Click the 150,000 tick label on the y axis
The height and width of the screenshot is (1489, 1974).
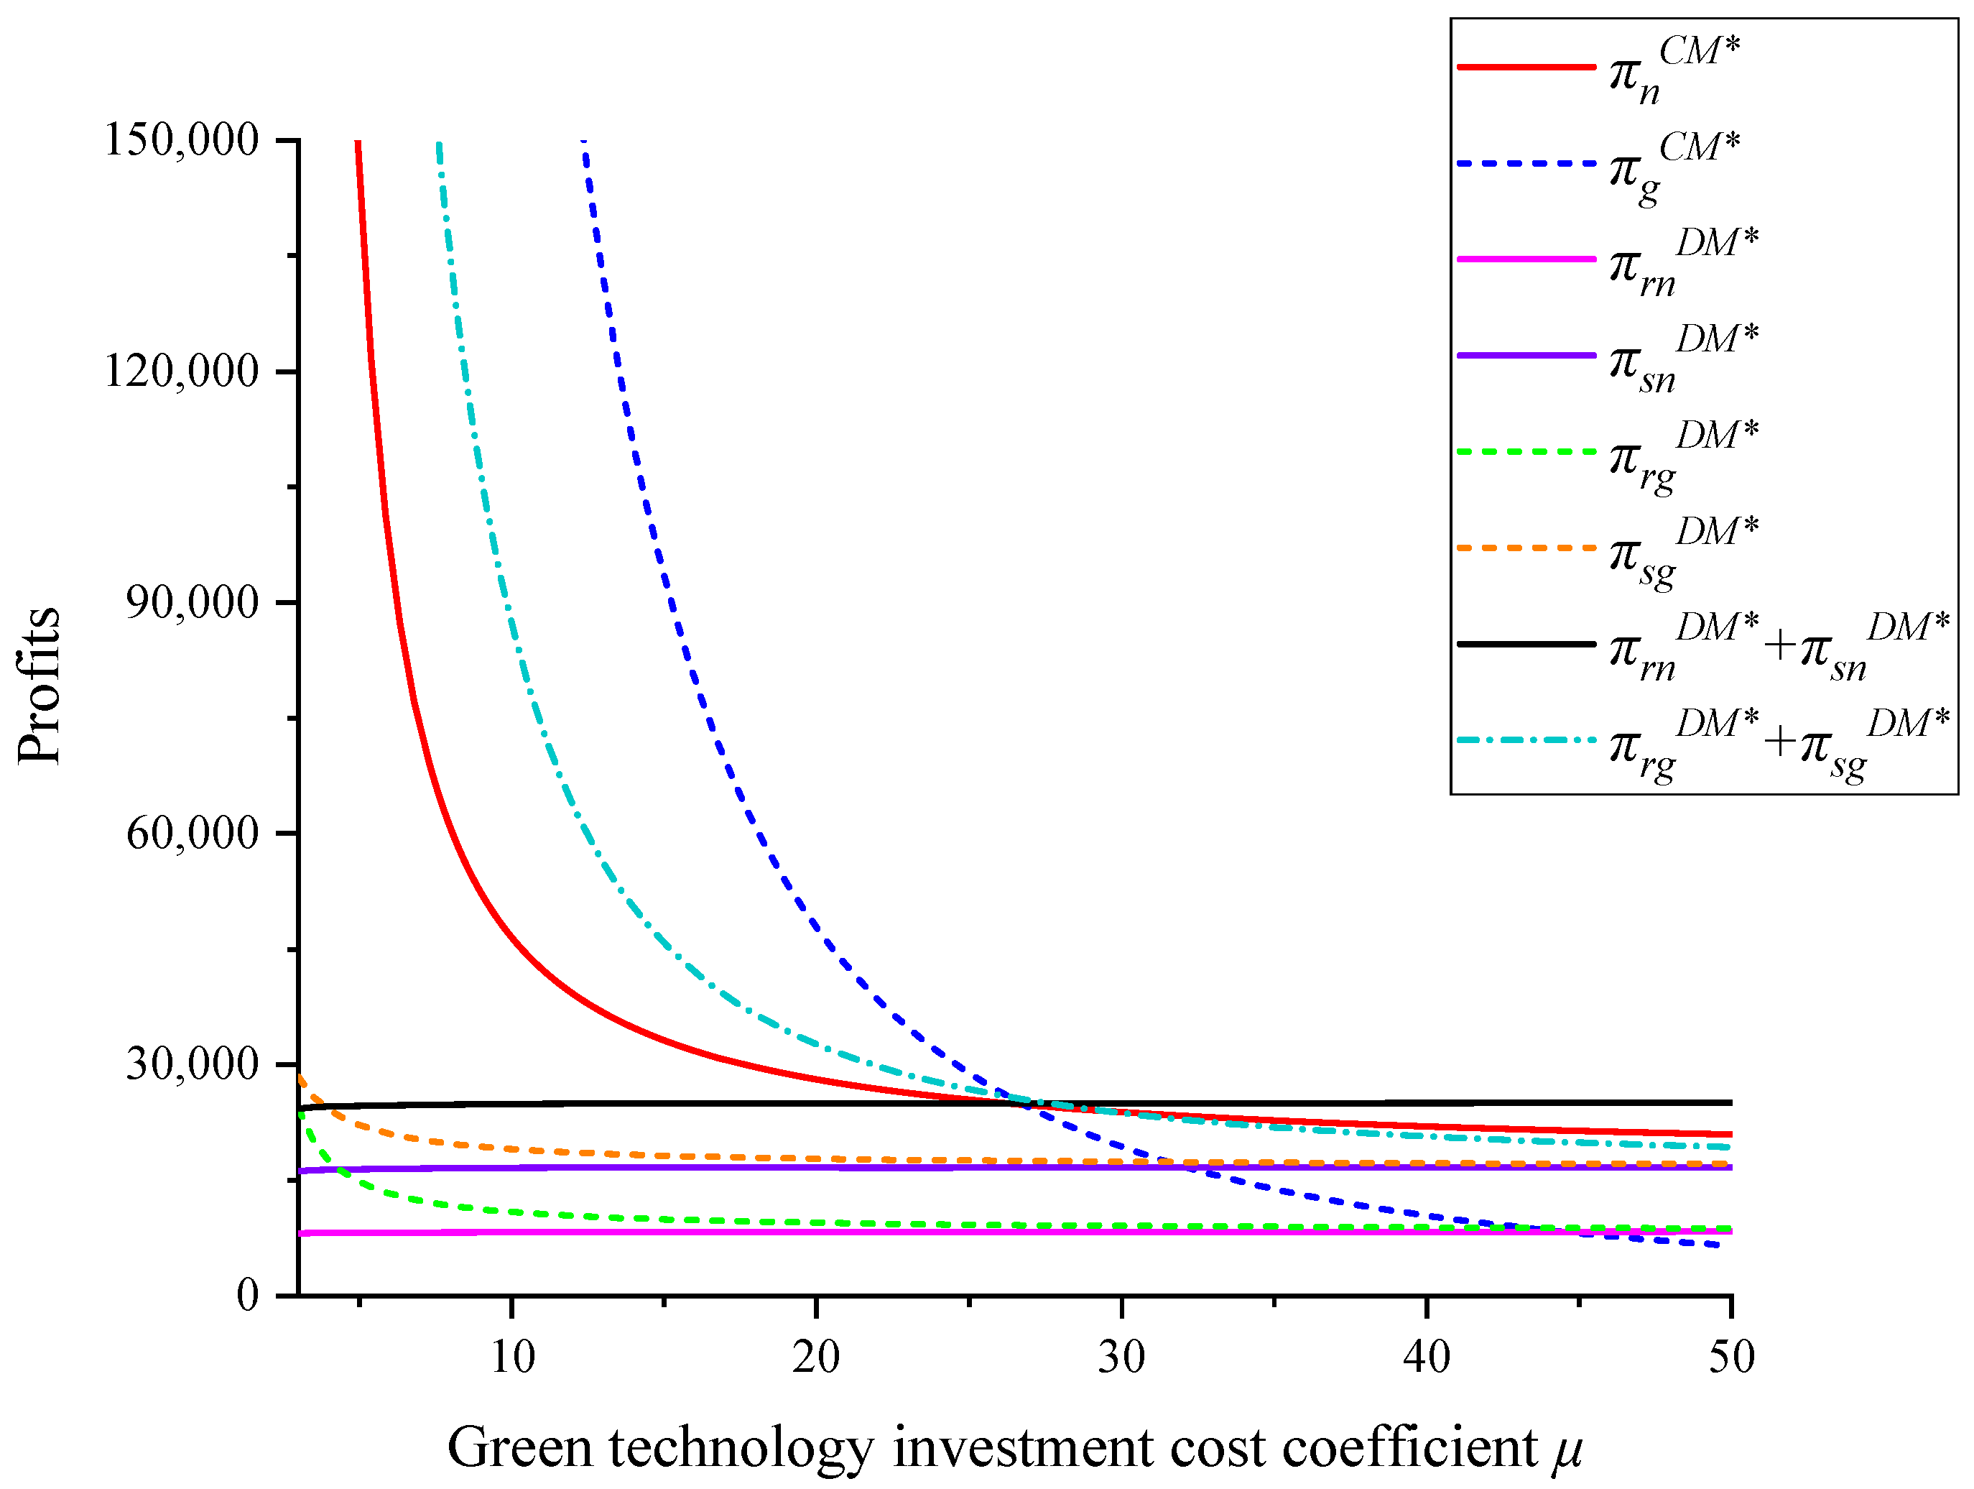coord(181,140)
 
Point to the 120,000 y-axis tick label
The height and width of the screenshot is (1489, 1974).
coord(181,371)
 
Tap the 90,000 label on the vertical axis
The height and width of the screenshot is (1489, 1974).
coord(192,602)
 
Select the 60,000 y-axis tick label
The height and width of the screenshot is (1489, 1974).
coord(192,833)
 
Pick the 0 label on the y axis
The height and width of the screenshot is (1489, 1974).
coord(247,1294)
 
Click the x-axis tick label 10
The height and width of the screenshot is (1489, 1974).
coord(512,1357)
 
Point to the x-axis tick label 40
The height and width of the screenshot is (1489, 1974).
coord(1426,1357)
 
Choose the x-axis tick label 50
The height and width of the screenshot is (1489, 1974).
coord(1731,1357)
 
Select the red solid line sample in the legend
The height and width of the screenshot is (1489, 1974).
coord(1526,67)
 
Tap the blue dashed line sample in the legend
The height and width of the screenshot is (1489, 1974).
coord(1526,163)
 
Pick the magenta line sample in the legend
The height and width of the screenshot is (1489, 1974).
coord(1526,259)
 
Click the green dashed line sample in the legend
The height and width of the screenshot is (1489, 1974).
coord(1526,452)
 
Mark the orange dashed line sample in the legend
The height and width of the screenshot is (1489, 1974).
coord(1526,547)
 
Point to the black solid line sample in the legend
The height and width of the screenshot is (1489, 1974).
coord(1526,644)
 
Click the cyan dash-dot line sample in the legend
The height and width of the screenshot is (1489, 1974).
coord(1526,740)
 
